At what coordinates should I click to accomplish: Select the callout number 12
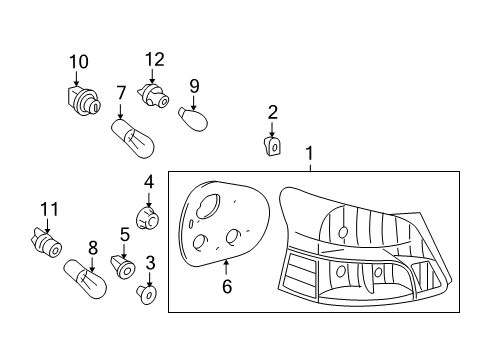coord(153,59)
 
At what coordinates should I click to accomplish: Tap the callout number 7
coord(120,93)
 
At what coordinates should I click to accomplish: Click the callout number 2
coord(272,111)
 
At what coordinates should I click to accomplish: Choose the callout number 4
coord(148,182)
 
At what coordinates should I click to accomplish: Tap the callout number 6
coord(226,287)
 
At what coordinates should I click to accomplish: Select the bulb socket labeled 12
coord(155,96)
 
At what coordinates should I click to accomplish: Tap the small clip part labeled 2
coord(272,146)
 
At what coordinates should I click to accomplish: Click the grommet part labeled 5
coord(125,267)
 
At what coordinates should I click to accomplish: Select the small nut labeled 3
coord(149,295)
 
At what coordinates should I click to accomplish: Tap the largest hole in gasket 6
coord(209,205)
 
